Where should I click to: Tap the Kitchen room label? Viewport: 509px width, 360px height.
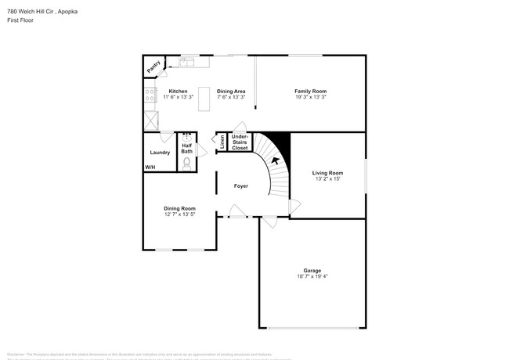[x=178, y=92]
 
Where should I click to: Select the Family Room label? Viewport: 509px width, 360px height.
[x=310, y=92]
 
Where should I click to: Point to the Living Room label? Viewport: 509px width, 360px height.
[x=327, y=172]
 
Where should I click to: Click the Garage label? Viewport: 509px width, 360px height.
[x=312, y=271]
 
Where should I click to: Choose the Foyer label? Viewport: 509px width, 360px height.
[x=241, y=186]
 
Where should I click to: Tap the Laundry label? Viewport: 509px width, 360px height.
[x=160, y=152]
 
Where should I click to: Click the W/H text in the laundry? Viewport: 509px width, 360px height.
[x=150, y=167]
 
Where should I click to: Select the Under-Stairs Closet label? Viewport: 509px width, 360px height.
[x=240, y=142]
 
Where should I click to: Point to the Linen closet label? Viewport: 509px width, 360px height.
[x=222, y=142]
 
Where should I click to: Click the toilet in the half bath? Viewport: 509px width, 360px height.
[x=187, y=164]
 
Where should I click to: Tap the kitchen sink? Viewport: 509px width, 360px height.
[x=187, y=61]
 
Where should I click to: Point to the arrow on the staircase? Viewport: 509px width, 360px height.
[x=275, y=161]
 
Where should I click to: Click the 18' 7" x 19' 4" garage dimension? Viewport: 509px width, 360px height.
[x=312, y=277]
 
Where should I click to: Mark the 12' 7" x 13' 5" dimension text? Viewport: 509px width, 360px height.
[x=179, y=214]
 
